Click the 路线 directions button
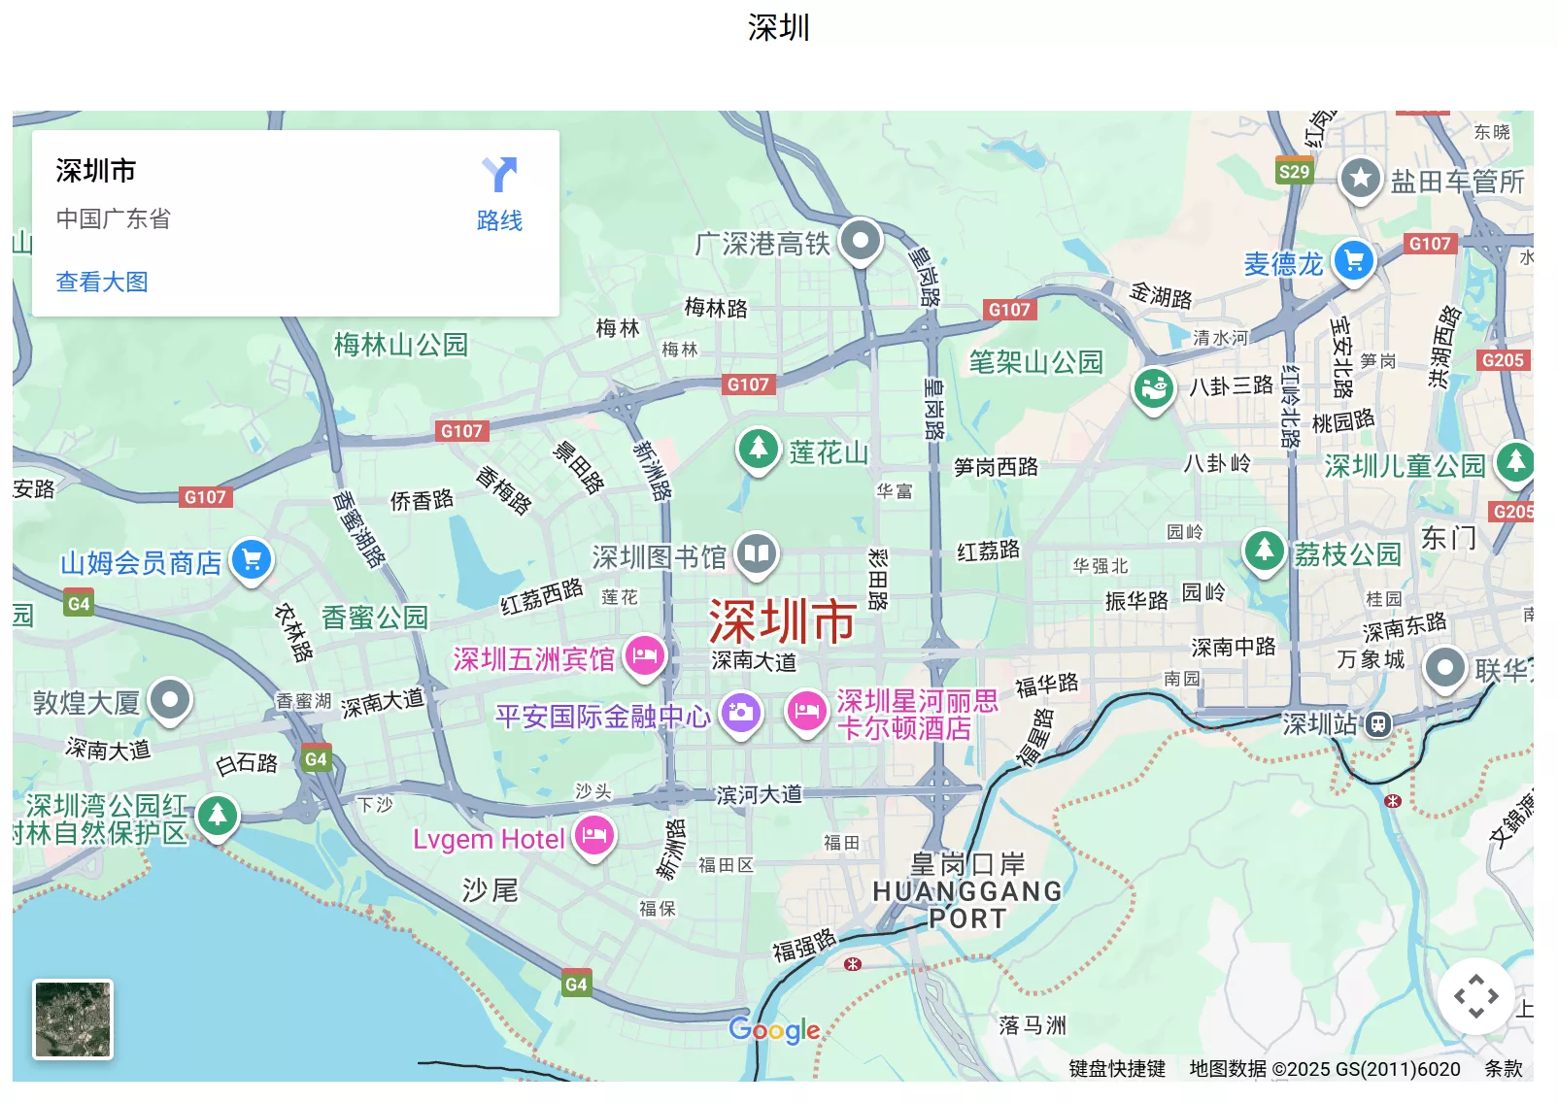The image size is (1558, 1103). click(x=499, y=194)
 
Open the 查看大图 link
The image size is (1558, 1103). click(x=102, y=282)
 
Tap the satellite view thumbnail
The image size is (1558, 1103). click(x=74, y=1019)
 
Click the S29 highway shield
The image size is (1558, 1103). click(x=1294, y=172)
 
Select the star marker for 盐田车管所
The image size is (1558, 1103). click(x=1360, y=179)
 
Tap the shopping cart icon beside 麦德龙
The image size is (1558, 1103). click(x=1353, y=260)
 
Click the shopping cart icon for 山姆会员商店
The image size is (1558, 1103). click(x=252, y=559)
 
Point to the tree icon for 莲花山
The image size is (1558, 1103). click(x=758, y=449)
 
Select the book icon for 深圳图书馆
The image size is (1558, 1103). click(x=757, y=554)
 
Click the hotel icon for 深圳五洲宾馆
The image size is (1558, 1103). click(x=644, y=656)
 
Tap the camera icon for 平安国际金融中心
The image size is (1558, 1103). click(x=740, y=713)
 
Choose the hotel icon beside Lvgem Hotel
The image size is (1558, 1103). click(x=594, y=835)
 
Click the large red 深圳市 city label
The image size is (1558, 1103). click(x=782, y=621)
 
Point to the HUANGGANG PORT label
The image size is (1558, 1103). click(x=967, y=904)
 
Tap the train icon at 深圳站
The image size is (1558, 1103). click(x=1377, y=723)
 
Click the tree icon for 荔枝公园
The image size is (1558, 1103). click(x=1264, y=551)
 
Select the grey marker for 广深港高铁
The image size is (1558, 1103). click(x=860, y=240)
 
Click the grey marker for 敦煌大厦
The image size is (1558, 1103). click(x=171, y=699)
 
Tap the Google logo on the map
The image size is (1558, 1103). click(x=774, y=1030)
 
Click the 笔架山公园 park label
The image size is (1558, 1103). click(x=1035, y=362)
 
